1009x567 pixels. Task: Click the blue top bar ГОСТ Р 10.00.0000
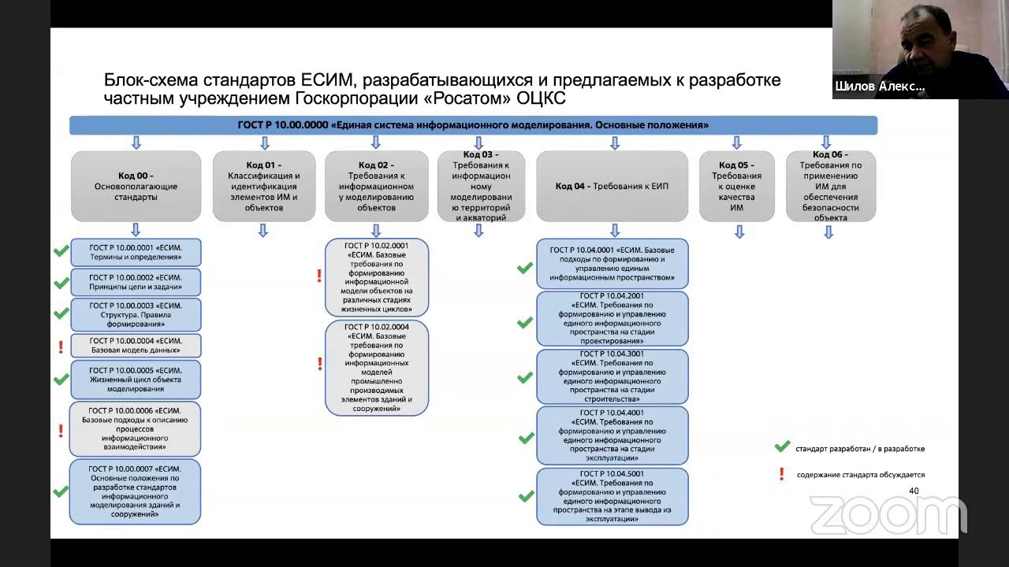[473, 125]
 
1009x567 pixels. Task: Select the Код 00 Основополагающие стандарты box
[136, 186]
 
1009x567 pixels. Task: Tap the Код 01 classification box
[264, 186]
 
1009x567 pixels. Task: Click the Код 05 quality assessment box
[736, 186]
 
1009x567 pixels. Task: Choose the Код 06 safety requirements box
[831, 186]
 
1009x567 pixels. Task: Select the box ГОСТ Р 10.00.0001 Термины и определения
[136, 252]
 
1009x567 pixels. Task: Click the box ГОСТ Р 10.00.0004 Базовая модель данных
[136, 346]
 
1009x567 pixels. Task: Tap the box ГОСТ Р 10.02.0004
[377, 367]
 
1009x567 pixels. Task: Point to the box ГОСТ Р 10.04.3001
[612, 376]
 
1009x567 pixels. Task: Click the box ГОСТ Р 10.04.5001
[612, 496]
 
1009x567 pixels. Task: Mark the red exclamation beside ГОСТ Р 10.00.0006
[61, 431]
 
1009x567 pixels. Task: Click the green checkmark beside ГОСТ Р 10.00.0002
[61, 283]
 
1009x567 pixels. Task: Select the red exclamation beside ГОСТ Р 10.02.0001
[319, 276]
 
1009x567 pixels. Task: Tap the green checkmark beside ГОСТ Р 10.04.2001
[525, 322]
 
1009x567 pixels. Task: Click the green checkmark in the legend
[782, 447]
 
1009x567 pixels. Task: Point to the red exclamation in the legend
[782, 474]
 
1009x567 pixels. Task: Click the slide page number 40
[914, 491]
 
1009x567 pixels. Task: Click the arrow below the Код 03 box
[478, 230]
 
